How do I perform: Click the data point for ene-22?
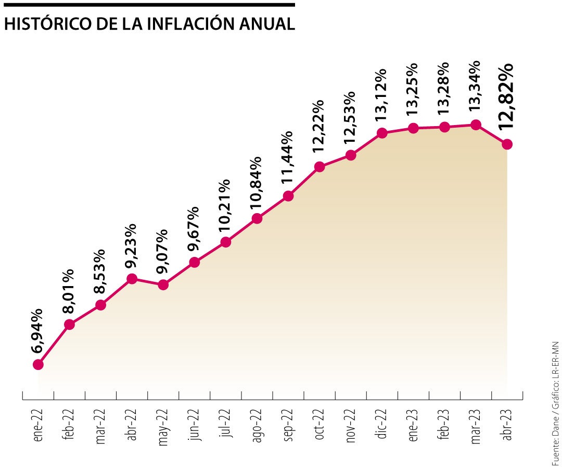38,364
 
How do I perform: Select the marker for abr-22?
132,279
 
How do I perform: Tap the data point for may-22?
163,285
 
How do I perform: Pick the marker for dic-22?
382,133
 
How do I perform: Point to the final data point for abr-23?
507,144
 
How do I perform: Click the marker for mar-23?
476,125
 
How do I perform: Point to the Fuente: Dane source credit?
555,438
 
